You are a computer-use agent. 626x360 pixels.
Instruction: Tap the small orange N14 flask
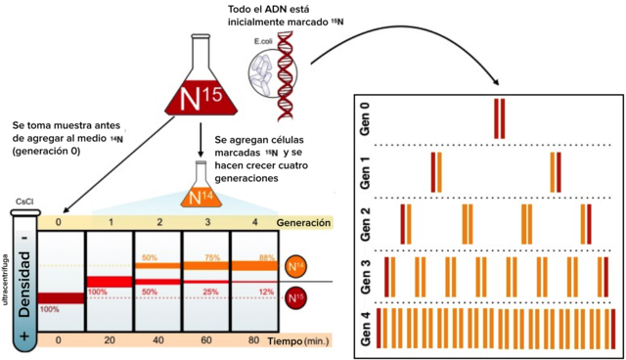coord(201,193)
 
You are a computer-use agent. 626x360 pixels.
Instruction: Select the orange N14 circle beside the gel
coord(292,266)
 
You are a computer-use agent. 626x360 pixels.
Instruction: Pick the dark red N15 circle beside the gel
coord(292,297)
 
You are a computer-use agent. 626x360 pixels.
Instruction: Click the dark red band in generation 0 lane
coord(61,298)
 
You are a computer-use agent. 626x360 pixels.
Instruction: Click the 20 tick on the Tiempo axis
coord(108,339)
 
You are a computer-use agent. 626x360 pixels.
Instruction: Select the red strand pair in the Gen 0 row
coord(500,114)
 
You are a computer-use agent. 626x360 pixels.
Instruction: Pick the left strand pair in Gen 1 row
coord(434,169)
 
